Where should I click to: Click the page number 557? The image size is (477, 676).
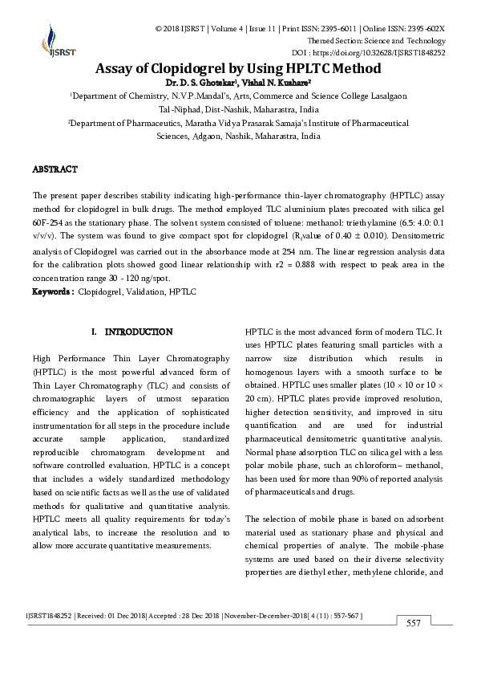click(414, 624)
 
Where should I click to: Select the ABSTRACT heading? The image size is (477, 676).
click(55, 169)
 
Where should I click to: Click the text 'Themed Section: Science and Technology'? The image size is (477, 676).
click(377, 40)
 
